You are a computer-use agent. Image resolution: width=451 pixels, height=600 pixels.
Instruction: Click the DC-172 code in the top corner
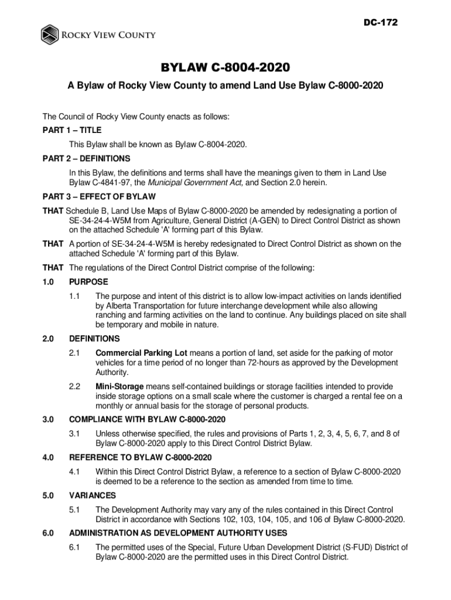(x=381, y=23)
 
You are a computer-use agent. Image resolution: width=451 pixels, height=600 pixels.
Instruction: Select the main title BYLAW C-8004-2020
(x=225, y=69)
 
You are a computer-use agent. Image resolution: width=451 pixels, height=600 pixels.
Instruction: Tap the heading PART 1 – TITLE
(x=71, y=130)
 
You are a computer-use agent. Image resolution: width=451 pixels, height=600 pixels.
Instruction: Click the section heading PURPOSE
(x=88, y=282)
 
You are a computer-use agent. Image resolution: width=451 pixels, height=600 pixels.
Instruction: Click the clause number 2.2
(x=74, y=387)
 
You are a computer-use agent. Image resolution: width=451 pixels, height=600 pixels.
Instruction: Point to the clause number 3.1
(x=74, y=434)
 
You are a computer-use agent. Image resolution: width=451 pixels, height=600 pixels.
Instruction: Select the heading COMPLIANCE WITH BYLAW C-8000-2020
(x=147, y=420)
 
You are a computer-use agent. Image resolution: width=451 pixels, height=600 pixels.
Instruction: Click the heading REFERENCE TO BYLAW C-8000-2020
(x=141, y=458)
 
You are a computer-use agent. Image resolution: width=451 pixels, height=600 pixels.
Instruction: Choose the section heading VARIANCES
(x=93, y=495)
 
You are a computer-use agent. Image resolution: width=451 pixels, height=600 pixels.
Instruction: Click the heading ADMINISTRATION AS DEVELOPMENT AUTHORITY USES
(x=178, y=533)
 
